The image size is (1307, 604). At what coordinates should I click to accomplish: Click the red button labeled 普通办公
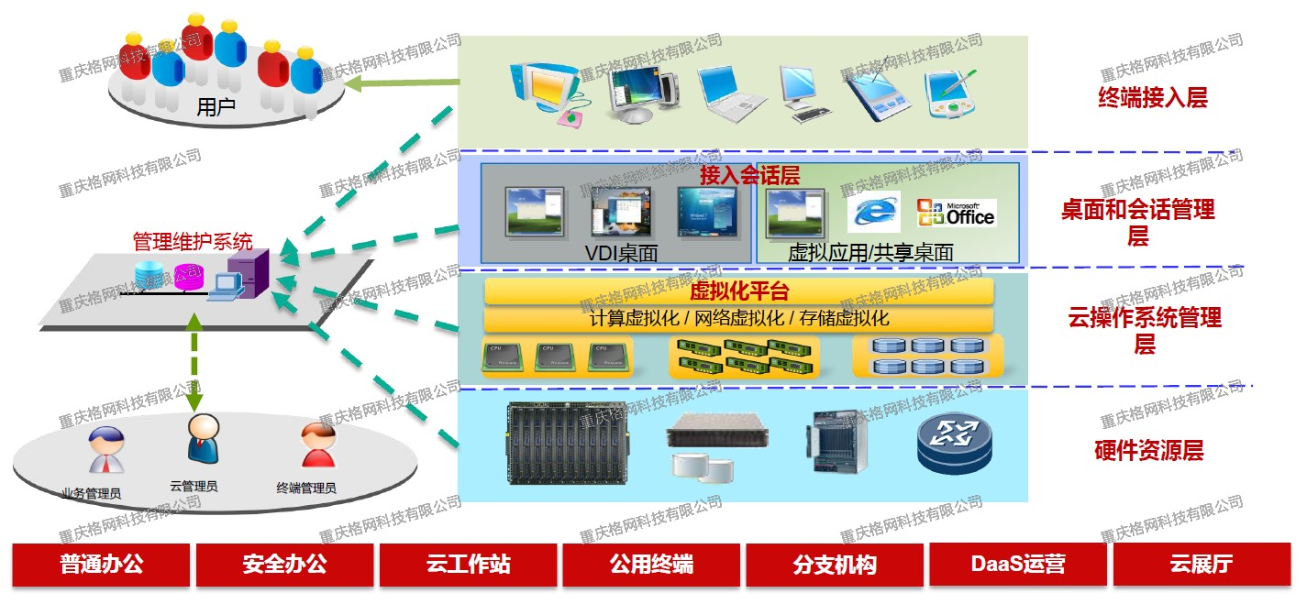(102, 565)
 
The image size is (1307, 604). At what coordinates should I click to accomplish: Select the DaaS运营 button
(1018, 565)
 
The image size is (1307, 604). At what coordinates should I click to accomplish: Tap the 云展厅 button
(1201, 565)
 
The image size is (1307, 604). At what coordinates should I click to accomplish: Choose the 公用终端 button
(651, 565)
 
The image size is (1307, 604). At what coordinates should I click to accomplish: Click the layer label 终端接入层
(1152, 98)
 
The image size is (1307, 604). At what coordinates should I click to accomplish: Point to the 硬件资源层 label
(1148, 450)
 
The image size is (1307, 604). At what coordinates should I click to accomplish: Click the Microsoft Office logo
(957, 213)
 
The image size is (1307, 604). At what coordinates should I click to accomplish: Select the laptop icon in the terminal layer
(732, 95)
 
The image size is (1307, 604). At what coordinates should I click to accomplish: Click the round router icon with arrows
(955, 442)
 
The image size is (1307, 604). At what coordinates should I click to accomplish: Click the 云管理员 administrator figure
(202, 438)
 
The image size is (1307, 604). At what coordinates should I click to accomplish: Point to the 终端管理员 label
(306, 489)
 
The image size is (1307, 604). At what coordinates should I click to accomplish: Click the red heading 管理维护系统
(193, 242)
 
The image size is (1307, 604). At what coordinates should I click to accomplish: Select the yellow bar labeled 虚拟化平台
(738, 292)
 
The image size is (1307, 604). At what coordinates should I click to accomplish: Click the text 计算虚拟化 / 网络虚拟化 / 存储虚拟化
(738, 319)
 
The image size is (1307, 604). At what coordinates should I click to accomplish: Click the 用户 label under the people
(216, 107)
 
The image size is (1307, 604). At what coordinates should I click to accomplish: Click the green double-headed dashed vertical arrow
(194, 362)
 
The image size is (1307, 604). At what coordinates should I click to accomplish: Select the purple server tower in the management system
(248, 275)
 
